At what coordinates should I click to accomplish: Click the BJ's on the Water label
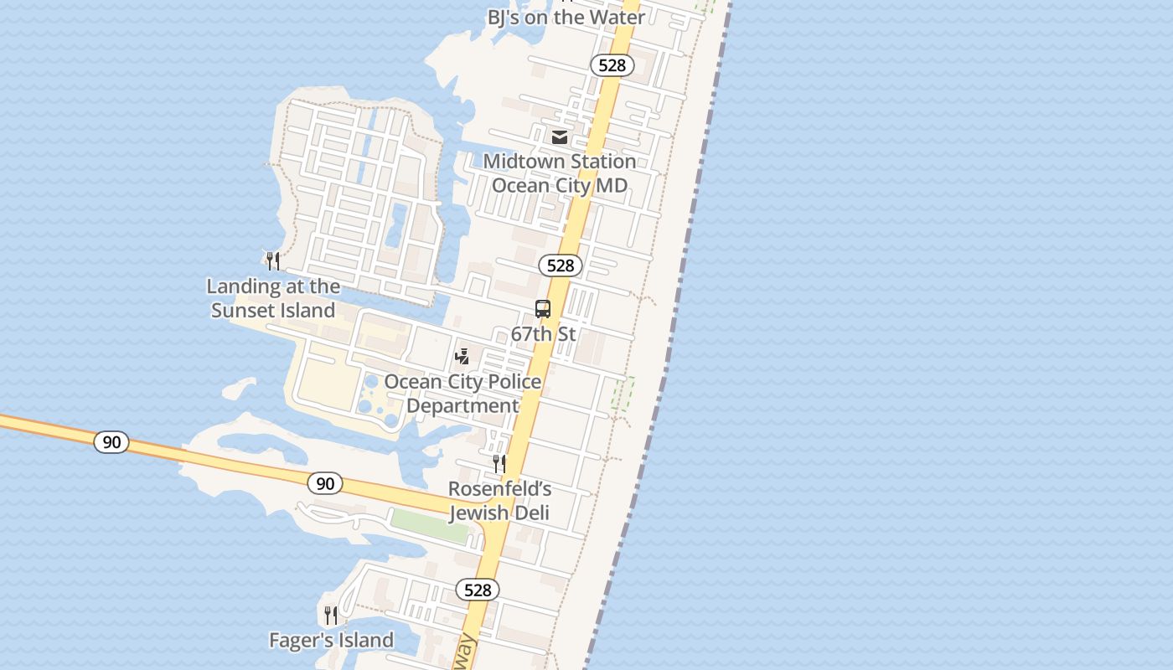pos(566,17)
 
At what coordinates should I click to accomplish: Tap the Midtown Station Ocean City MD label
pos(560,173)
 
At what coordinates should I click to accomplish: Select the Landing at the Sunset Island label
pos(273,298)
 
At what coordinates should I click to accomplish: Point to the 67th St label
pos(544,334)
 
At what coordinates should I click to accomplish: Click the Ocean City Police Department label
pos(462,394)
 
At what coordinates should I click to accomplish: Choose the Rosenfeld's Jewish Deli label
pos(499,500)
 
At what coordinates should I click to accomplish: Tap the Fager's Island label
pos(331,641)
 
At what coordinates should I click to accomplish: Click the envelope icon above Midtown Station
pos(560,137)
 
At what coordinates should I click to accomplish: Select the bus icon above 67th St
pos(543,309)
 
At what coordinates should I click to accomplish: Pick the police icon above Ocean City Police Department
pos(462,357)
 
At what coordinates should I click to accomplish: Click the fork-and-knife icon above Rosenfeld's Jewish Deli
pos(499,463)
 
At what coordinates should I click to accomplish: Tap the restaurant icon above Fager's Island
pos(331,616)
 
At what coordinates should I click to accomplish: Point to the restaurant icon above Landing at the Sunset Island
pos(272,260)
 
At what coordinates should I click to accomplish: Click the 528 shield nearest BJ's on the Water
pos(612,64)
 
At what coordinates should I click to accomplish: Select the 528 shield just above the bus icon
pos(560,265)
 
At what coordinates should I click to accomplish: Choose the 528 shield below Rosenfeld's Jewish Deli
pos(478,590)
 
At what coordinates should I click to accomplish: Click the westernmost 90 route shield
pos(111,441)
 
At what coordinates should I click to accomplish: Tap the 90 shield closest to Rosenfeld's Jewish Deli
pos(325,483)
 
